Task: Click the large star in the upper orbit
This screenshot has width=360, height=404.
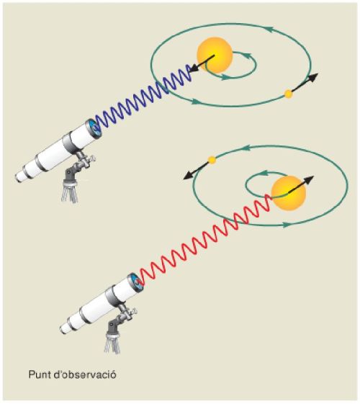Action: tap(215, 55)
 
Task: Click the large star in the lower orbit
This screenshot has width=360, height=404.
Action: tap(289, 193)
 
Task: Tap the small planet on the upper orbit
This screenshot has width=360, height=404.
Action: tap(288, 94)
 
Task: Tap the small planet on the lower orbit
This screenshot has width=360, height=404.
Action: tap(212, 160)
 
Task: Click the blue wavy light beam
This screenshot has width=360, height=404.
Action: tap(144, 97)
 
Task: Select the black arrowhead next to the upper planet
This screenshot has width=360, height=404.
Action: tap(314, 77)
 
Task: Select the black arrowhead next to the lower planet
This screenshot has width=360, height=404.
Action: tap(188, 176)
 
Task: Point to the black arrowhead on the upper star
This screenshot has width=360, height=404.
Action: tap(194, 68)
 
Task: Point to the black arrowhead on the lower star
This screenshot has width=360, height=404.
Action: tap(309, 179)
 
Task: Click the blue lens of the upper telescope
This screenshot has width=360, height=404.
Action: tap(95, 128)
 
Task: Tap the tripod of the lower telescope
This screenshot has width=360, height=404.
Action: tap(112, 342)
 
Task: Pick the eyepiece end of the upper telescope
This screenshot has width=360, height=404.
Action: tap(19, 177)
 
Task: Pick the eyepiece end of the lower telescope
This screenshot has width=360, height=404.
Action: tap(64, 328)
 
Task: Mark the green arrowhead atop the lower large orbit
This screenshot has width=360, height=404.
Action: tap(246, 148)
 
